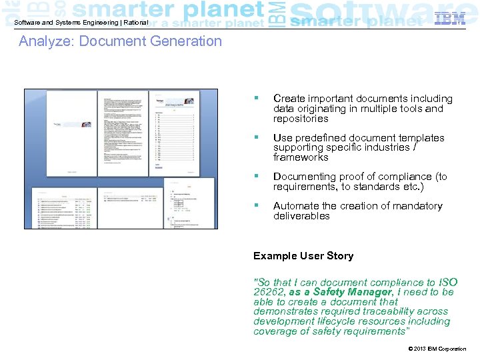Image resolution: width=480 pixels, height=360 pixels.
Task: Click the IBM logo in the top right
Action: click(x=450, y=19)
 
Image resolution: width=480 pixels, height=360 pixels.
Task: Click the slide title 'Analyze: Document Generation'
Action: click(x=120, y=41)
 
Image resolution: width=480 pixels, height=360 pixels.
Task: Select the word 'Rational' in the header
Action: click(x=135, y=23)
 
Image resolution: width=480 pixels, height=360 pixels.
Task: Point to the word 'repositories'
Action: click(x=301, y=119)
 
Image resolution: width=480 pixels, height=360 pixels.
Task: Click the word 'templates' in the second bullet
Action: click(x=421, y=138)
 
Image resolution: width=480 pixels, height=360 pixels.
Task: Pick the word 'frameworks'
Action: click(x=301, y=157)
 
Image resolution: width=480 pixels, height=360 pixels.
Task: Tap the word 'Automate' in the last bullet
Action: click(x=295, y=206)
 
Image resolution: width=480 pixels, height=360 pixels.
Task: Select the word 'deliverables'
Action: click(x=301, y=216)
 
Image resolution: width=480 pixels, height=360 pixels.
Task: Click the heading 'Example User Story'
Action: click(x=303, y=256)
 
